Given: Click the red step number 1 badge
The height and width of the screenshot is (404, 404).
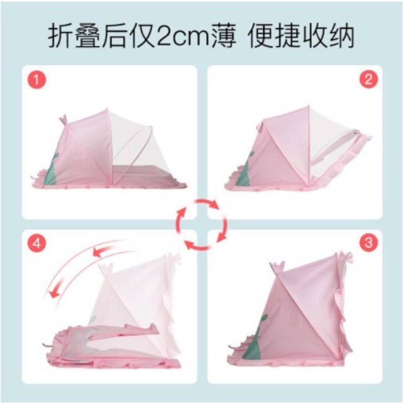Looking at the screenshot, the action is tap(36, 80).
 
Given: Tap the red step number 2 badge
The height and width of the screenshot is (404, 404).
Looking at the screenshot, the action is tap(369, 79).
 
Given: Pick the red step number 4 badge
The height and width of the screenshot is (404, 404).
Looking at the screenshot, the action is tap(37, 243).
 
